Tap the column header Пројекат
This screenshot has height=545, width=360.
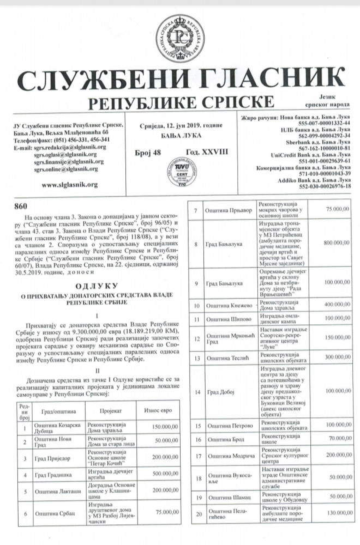(109, 410)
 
